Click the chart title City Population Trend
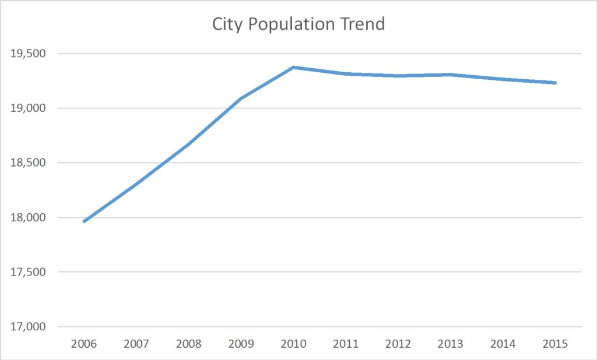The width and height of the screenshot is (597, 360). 298,24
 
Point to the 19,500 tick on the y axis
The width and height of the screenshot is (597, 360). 29,54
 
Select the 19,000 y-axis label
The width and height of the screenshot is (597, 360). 29,108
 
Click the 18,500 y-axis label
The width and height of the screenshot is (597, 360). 29,163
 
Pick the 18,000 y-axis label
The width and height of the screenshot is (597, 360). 29,217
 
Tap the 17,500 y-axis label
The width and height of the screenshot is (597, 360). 29,272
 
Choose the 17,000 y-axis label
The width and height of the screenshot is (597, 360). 29,327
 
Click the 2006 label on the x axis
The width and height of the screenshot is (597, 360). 84,344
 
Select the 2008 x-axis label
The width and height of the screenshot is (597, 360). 189,344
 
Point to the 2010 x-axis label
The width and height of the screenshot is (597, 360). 294,344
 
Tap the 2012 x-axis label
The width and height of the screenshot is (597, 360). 399,344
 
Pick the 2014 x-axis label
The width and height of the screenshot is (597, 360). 503,344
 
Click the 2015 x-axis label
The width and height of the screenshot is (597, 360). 556,344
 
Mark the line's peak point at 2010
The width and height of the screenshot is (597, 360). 294,68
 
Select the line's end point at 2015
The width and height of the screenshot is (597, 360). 555,83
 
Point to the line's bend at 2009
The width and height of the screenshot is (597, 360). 241,98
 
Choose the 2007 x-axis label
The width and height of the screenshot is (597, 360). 136,344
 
